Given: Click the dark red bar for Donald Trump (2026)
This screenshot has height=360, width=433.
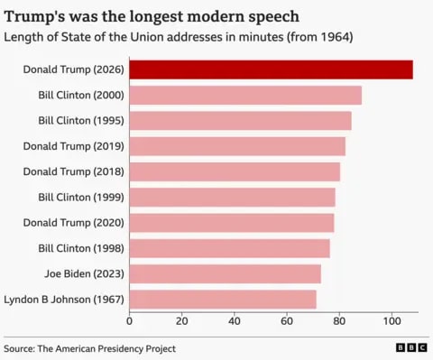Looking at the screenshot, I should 271,69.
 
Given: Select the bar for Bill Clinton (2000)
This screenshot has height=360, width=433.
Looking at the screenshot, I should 245,95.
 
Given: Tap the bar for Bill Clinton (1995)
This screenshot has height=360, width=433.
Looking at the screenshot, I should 240,120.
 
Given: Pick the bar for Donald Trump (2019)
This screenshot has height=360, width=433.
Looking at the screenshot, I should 237,146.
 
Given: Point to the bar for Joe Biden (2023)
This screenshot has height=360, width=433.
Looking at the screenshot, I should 225,273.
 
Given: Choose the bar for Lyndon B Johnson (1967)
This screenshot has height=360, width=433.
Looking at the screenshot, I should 223,299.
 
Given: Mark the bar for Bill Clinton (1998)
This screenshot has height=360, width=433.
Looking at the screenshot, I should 229,248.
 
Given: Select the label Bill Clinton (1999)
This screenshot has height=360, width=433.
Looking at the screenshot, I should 80,197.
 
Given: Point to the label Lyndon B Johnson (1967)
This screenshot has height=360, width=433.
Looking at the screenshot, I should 64,299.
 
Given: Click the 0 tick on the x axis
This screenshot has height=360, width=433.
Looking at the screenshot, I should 130,320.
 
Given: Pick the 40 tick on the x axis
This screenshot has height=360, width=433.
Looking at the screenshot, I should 235,320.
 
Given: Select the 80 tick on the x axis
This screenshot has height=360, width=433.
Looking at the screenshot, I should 339,320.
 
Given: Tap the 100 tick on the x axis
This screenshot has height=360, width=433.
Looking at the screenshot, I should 392,320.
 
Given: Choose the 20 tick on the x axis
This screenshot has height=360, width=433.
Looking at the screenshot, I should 182,320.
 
